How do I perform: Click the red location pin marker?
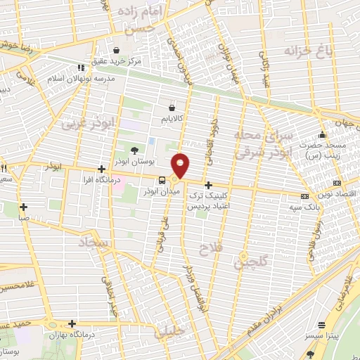pos(181,165)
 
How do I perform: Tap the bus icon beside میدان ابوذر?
pos(162,180)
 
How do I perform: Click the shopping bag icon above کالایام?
pos(172,108)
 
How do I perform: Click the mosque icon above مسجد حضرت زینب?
pos(322,135)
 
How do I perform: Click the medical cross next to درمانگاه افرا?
pos(103,169)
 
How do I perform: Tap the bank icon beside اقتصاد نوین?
pos(304,196)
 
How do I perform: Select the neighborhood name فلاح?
pos(210,250)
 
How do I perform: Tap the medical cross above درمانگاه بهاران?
pos(72,323)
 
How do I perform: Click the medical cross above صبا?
pos(24,207)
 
